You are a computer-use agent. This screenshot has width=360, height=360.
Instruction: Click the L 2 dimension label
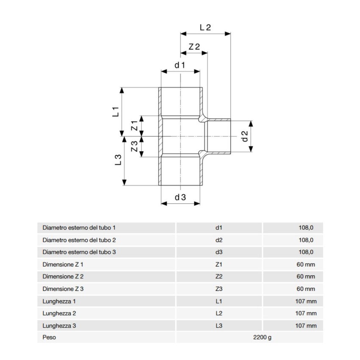pos(205,27)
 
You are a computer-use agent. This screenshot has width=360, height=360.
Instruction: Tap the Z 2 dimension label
pos(194,47)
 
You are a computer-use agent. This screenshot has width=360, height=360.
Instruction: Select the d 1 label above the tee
pos(180,65)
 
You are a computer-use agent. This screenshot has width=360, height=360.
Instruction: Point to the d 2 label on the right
pos(244,136)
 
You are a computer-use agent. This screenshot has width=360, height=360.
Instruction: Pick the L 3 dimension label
pos(118,160)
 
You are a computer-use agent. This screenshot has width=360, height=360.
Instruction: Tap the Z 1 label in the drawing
pos(134,126)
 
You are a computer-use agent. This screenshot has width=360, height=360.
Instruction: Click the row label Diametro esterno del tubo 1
pos(79,228)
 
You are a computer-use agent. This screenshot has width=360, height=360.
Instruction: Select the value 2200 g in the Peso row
pos(262,338)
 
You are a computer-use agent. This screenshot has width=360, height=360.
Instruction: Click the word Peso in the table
pos(49,338)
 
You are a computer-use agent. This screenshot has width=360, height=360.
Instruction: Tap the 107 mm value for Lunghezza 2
pos(306,313)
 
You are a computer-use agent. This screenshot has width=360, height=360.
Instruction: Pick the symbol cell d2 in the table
pos(219,240)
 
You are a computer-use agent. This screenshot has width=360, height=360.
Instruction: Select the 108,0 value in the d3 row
pos(306,252)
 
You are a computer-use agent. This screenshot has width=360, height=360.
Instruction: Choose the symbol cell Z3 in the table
pos(219,289)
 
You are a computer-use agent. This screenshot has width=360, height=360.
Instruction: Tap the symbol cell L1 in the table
pos(219,301)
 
